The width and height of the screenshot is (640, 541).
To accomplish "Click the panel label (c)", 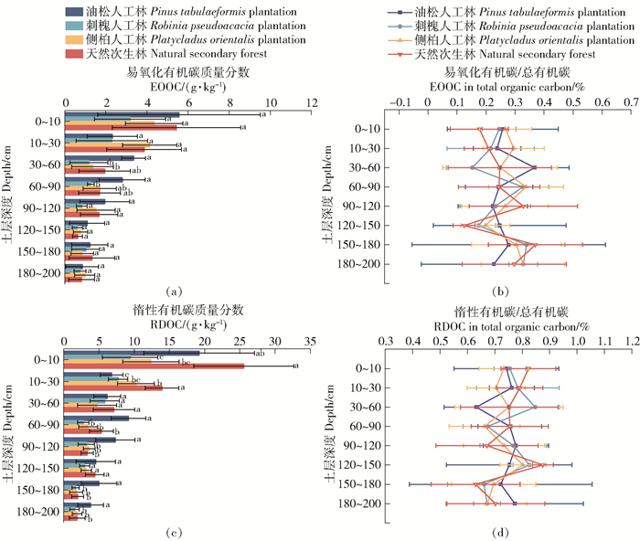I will click(172, 531).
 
